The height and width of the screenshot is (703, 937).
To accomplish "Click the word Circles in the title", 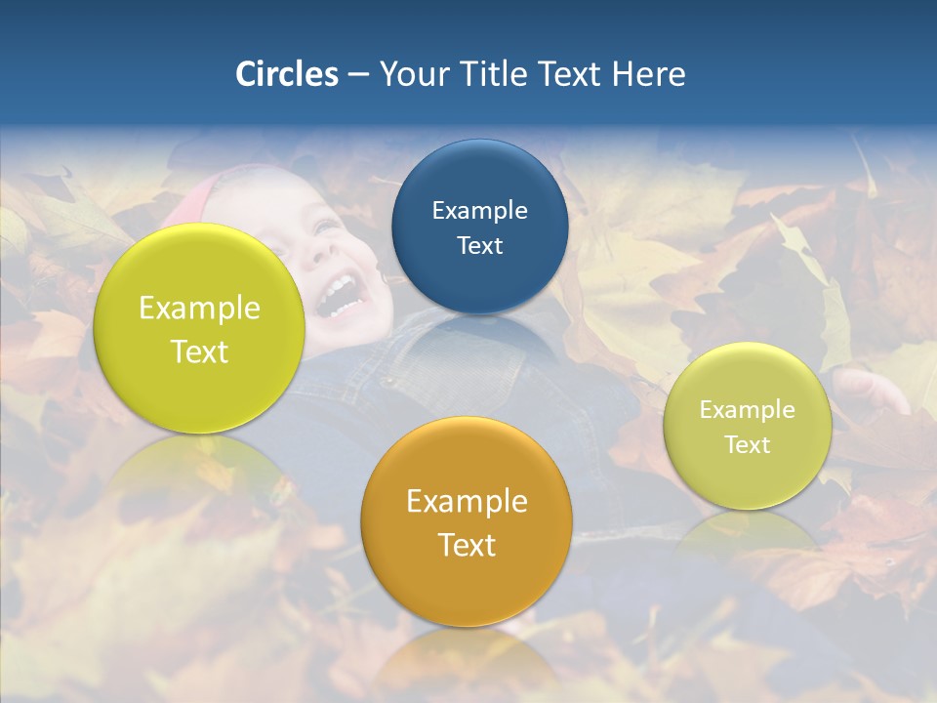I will (x=286, y=74).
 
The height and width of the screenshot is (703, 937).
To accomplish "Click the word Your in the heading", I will (x=412, y=74).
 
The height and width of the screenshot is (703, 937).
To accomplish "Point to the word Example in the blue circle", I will (x=479, y=210).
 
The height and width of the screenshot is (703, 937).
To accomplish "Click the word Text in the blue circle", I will (x=479, y=245).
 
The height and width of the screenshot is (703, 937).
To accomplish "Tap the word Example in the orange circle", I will (x=467, y=501).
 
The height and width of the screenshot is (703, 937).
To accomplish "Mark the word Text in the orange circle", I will (x=467, y=544).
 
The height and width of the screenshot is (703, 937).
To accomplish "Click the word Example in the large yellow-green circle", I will (x=199, y=308).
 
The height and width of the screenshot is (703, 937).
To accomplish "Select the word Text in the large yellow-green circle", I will (x=199, y=351).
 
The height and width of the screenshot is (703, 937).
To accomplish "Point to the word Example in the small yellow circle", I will (x=748, y=409).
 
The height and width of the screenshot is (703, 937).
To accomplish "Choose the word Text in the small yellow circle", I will (x=748, y=444).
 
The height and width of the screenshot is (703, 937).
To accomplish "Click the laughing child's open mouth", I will (x=338, y=294).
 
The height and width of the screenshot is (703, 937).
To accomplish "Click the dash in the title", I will (x=357, y=75).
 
